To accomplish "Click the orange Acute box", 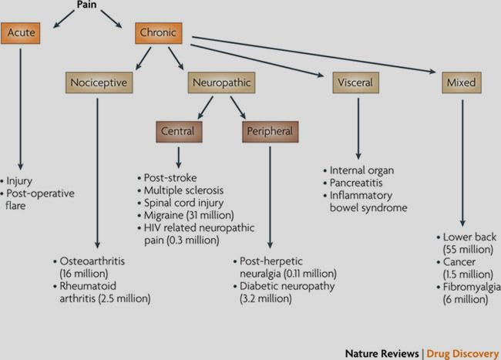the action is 21,33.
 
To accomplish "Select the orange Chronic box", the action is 159,33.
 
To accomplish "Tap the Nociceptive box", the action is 99,82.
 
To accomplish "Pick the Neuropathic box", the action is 221,82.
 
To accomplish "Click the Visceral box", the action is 355,82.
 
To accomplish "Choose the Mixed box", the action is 462,82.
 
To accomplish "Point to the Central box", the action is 179,132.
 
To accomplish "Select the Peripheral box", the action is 271,132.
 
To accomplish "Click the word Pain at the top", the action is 86,5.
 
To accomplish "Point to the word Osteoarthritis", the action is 92,261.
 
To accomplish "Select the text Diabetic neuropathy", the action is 287,286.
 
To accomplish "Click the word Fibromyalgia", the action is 472,287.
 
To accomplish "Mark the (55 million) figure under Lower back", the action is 468,249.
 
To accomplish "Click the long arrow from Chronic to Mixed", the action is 314,55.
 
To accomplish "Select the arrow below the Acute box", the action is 21,109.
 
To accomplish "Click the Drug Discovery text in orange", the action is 462,354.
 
